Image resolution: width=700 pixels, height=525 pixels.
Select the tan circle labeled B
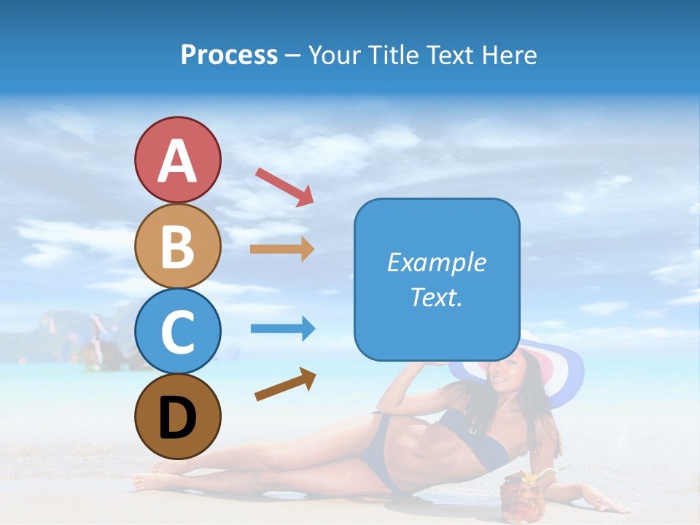click(177, 246)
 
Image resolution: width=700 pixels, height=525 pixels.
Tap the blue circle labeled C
click(177, 331)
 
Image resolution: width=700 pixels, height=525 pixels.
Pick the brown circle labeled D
click(177, 416)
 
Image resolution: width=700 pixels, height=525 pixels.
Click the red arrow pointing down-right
click(284, 187)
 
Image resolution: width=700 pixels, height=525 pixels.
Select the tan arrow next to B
click(282, 249)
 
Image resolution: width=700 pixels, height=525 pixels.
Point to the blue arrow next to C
click(283, 329)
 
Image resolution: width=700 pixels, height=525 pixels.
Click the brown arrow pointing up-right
click(285, 384)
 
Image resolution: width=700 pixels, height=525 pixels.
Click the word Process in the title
click(229, 55)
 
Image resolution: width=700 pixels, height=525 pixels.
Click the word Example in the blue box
click(437, 262)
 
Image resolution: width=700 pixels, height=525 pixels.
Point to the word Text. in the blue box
click(437, 297)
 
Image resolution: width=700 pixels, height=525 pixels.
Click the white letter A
click(177, 161)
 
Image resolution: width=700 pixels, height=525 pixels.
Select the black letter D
click(177, 419)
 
